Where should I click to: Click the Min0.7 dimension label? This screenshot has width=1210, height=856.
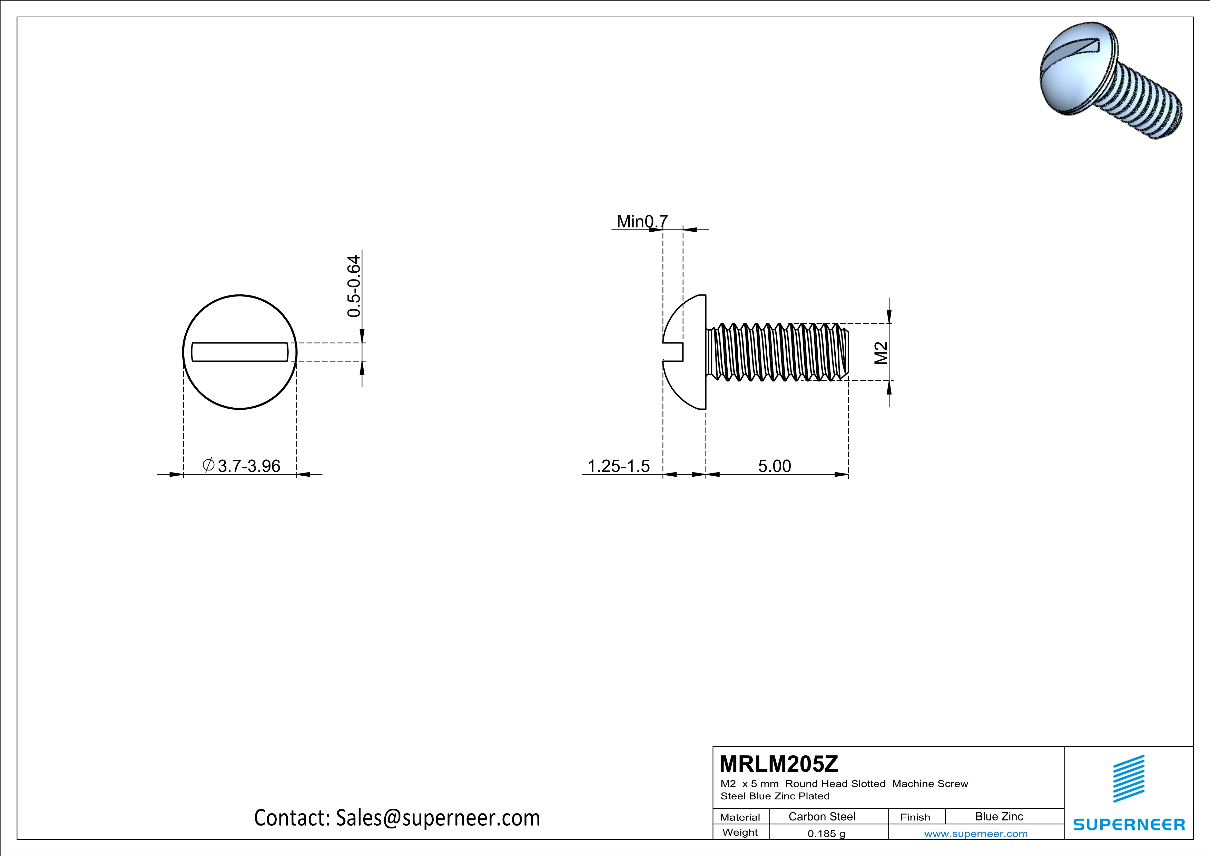pyautogui.click(x=642, y=221)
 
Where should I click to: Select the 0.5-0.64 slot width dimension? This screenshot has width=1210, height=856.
pyautogui.click(x=354, y=286)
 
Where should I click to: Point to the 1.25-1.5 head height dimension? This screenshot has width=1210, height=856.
pyautogui.click(x=618, y=466)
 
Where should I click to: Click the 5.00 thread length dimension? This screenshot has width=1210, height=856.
pyautogui.click(x=774, y=466)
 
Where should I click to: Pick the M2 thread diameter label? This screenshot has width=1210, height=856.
pyautogui.click(x=881, y=353)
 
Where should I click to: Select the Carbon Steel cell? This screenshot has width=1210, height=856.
pyautogui.click(x=822, y=816)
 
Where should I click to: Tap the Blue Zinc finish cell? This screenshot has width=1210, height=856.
pyautogui.click(x=999, y=816)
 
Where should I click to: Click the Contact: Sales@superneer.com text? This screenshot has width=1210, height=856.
pyautogui.click(x=397, y=818)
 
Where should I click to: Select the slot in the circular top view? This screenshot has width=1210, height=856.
pyautogui.click(x=240, y=352)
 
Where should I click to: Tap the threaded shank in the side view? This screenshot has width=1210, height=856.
pyautogui.click(x=777, y=352)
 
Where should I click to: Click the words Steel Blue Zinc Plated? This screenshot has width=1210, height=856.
pyautogui.click(x=775, y=796)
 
